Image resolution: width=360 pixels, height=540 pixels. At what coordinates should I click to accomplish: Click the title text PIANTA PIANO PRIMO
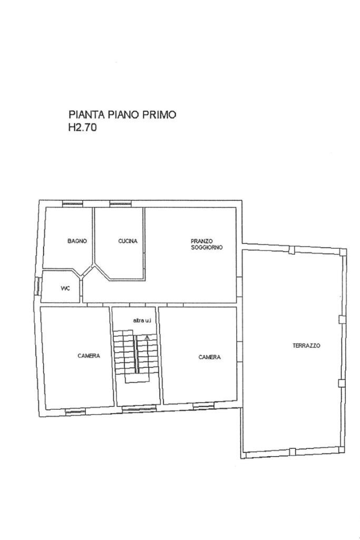[x=122, y=114]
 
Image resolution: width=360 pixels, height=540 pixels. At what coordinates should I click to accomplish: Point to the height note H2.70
[x=82, y=127]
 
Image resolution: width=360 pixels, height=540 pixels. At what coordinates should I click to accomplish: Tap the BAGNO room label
[x=77, y=241]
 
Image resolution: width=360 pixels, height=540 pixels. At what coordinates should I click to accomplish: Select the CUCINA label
[x=128, y=241]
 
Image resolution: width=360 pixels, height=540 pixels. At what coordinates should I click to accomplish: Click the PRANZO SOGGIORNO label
[x=207, y=244]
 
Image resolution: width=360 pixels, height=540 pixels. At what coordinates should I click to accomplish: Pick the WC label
[x=65, y=288]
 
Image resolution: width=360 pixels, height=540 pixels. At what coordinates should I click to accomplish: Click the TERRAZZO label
[x=306, y=346]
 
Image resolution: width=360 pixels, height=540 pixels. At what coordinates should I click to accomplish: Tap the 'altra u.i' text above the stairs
[x=142, y=320]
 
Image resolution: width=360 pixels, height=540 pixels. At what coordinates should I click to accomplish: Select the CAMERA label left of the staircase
[x=89, y=356]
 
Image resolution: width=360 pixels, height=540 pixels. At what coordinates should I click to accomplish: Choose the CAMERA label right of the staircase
[x=209, y=357]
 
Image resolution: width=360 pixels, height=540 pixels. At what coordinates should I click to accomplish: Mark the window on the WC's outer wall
[x=38, y=286]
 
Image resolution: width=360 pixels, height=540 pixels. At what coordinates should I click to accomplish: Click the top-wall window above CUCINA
[x=120, y=204]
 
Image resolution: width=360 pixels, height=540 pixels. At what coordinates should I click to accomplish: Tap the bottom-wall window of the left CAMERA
[x=75, y=411]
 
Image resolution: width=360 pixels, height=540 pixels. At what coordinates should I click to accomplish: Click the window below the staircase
[x=139, y=408]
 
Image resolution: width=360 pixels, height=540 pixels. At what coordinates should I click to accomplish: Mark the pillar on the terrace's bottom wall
[x=291, y=451]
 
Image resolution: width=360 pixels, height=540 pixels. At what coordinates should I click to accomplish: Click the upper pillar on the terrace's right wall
[x=342, y=319]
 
